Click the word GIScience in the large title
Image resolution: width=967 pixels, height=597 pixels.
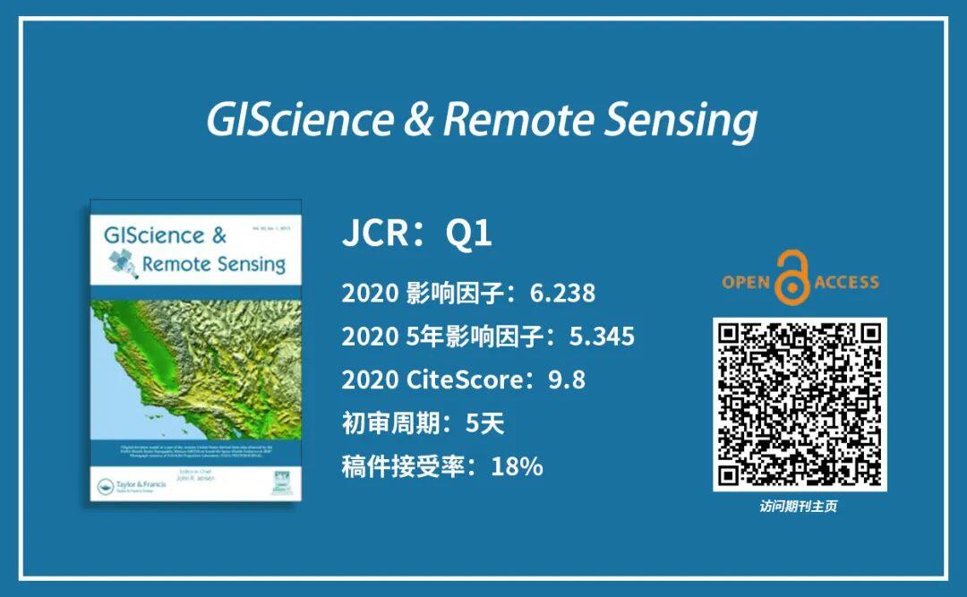point(299,119)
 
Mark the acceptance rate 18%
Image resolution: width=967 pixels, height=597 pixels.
point(517,466)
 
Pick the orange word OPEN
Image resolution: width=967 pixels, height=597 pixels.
point(747,283)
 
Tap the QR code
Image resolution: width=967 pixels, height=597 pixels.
point(799,405)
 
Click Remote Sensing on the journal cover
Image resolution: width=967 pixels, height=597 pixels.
point(213,264)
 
